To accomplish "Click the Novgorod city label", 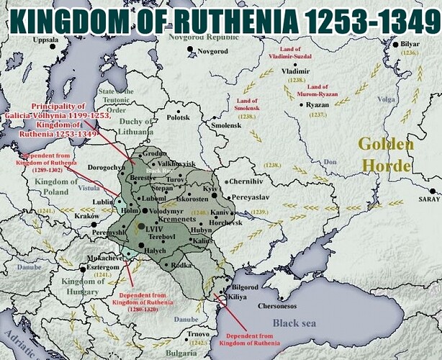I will tap(213, 52).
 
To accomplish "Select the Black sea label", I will tap(294, 323).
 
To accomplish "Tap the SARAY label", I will tap(428, 199).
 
